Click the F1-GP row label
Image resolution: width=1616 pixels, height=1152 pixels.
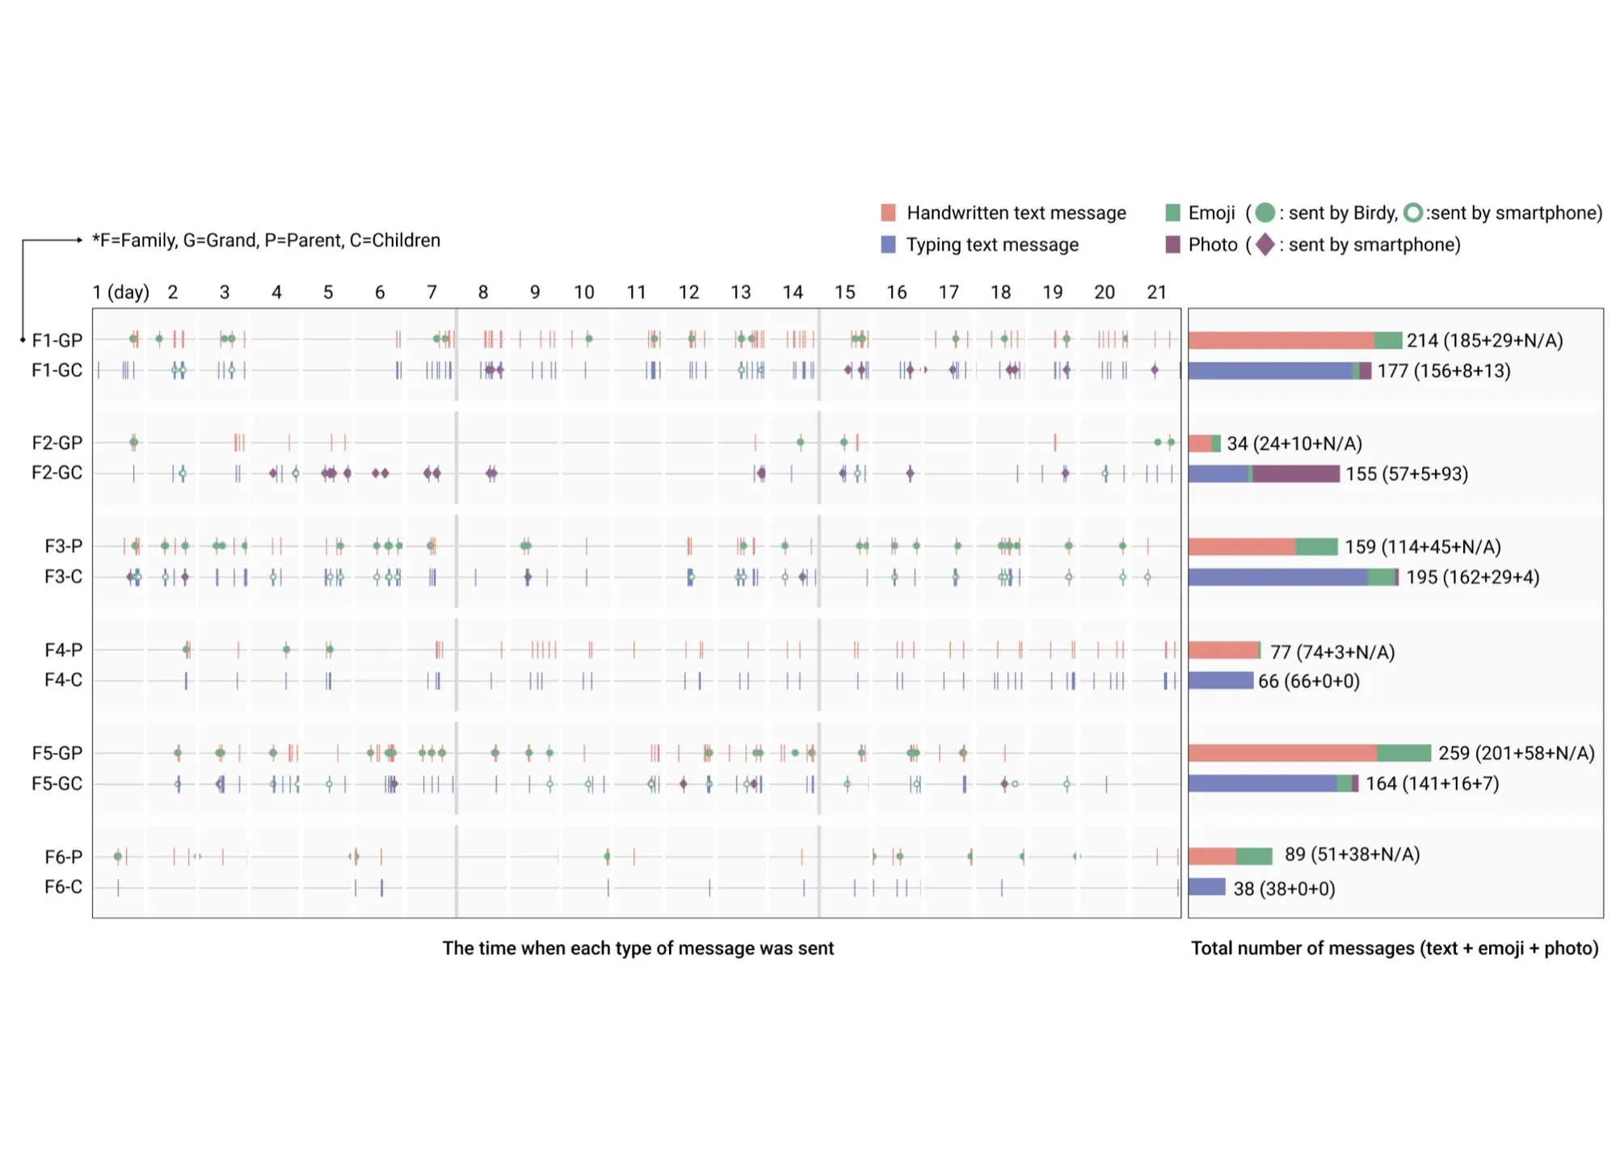point(57,340)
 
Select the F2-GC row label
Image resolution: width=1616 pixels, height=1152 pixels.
point(57,473)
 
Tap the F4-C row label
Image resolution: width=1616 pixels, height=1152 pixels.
point(63,680)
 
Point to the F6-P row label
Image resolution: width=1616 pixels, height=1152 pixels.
point(63,856)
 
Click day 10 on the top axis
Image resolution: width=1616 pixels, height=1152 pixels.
point(584,292)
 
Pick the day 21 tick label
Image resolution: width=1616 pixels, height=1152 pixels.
point(1157,292)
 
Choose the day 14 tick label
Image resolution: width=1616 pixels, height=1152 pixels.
point(793,292)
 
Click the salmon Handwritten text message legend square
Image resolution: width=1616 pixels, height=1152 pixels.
point(888,212)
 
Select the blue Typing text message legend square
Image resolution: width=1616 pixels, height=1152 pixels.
point(888,245)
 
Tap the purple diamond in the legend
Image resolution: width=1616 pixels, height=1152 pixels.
point(1265,244)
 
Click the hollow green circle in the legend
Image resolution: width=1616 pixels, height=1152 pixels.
point(1412,212)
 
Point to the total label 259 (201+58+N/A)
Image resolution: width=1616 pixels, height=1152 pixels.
point(1517,753)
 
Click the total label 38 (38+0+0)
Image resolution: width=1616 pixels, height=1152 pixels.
point(1284,889)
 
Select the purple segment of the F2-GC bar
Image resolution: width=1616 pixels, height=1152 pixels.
point(1296,473)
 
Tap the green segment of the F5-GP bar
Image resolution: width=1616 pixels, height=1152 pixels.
point(1403,753)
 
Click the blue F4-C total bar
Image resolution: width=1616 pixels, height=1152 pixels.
point(1221,680)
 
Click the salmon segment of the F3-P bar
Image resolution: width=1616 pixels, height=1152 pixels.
point(1242,547)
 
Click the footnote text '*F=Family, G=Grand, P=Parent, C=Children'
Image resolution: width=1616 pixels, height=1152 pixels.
point(266,241)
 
